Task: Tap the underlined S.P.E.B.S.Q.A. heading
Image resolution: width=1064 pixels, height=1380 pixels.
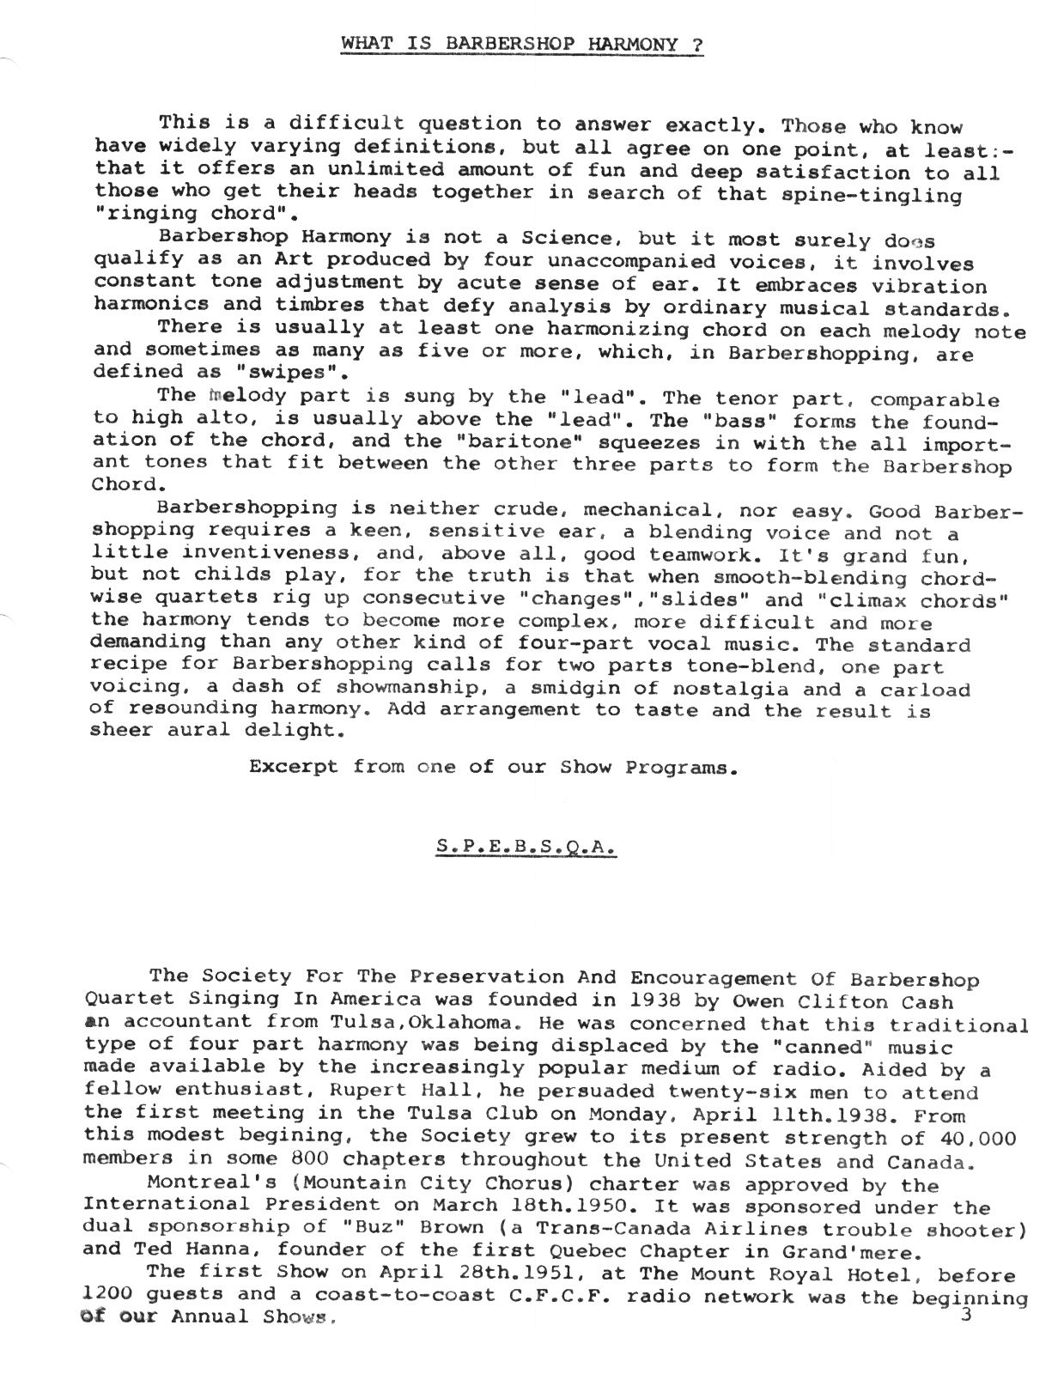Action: click(526, 845)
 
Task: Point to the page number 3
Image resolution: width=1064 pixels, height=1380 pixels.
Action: click(965, 1316)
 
